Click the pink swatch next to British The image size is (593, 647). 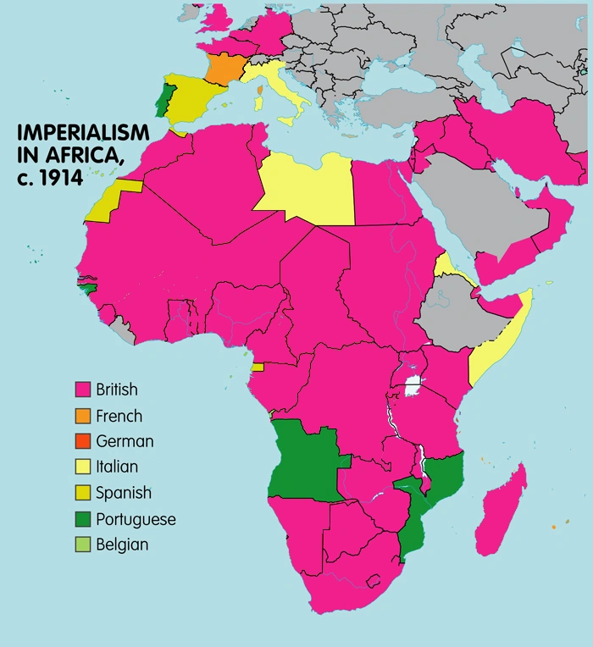(83, 390)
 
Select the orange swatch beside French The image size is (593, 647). (83, 416)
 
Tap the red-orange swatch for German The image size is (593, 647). (83, 441)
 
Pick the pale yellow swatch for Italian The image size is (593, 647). (83, 467)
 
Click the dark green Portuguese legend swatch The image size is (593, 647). (83, 518)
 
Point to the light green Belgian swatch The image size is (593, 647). (83, 545)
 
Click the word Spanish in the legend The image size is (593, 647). (124, 493)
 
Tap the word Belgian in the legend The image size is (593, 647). (122, 545)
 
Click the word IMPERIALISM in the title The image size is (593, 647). (81, 133)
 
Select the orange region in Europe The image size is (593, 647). (224, 68)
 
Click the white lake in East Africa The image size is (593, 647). (413, 387)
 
